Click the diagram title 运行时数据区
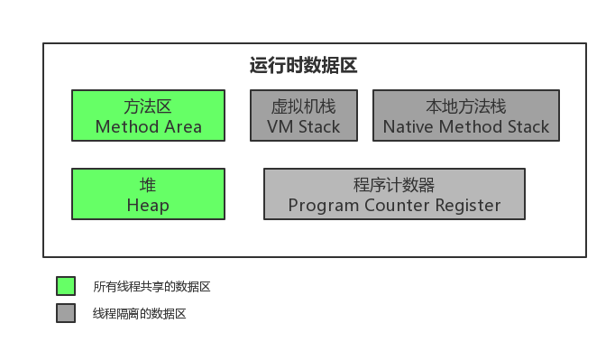pos(303,65)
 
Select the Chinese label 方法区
pos(148,106)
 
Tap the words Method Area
pos(148,127)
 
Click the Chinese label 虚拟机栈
pos(304,106)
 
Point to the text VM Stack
pos(304,127)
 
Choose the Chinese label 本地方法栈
pos(466,106)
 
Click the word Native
pos(408,127)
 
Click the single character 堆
pos(148,185)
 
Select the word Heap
pos(148,206)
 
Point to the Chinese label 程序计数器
pos(394,185)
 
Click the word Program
pos(323,206)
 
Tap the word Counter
pos(397,206)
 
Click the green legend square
pos(66,286)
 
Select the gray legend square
pos(66,313)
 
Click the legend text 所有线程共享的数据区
pos(151,287)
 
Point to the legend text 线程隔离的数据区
pos(139,314)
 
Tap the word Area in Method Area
pos(183,127)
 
